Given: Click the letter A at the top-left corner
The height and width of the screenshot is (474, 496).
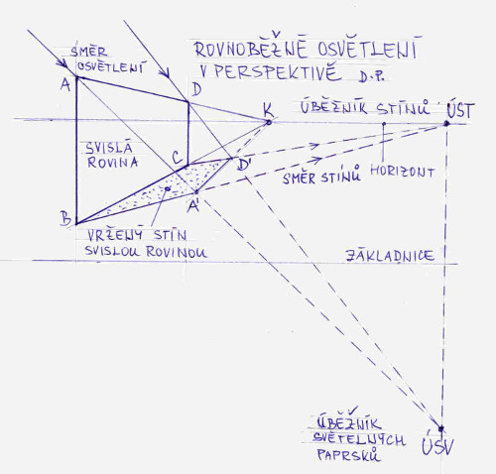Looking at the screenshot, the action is [65, 84].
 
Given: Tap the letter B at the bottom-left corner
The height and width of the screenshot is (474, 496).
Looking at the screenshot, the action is [65, 218].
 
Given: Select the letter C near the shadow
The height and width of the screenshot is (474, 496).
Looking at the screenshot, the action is [178, 157].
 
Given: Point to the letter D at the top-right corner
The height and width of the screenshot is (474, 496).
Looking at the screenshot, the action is [196, 89].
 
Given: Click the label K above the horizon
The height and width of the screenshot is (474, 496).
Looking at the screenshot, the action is [269, 110].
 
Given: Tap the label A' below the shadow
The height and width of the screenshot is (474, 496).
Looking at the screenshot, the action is [193, 206].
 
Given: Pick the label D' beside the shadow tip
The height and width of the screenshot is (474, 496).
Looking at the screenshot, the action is [244, 165].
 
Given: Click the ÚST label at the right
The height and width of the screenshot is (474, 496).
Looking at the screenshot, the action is [460, 110].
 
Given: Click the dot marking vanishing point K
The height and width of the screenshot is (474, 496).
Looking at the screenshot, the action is [269, 122].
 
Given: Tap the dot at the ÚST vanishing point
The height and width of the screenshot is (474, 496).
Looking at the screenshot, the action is [446, 124].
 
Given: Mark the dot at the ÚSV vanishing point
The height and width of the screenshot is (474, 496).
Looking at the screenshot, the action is [440, 428].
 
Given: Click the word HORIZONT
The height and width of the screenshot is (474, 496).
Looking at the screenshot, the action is [402, 172].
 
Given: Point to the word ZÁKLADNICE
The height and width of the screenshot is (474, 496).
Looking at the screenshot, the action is [390, 256].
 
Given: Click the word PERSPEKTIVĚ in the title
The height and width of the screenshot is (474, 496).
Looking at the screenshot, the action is [278, 73].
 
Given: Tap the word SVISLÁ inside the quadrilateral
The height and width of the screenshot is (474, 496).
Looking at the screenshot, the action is [109, 148].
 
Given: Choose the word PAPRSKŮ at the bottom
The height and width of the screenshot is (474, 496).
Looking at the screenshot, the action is [348, 454].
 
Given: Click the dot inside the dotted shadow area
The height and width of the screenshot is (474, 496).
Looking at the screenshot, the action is [168, 188].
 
